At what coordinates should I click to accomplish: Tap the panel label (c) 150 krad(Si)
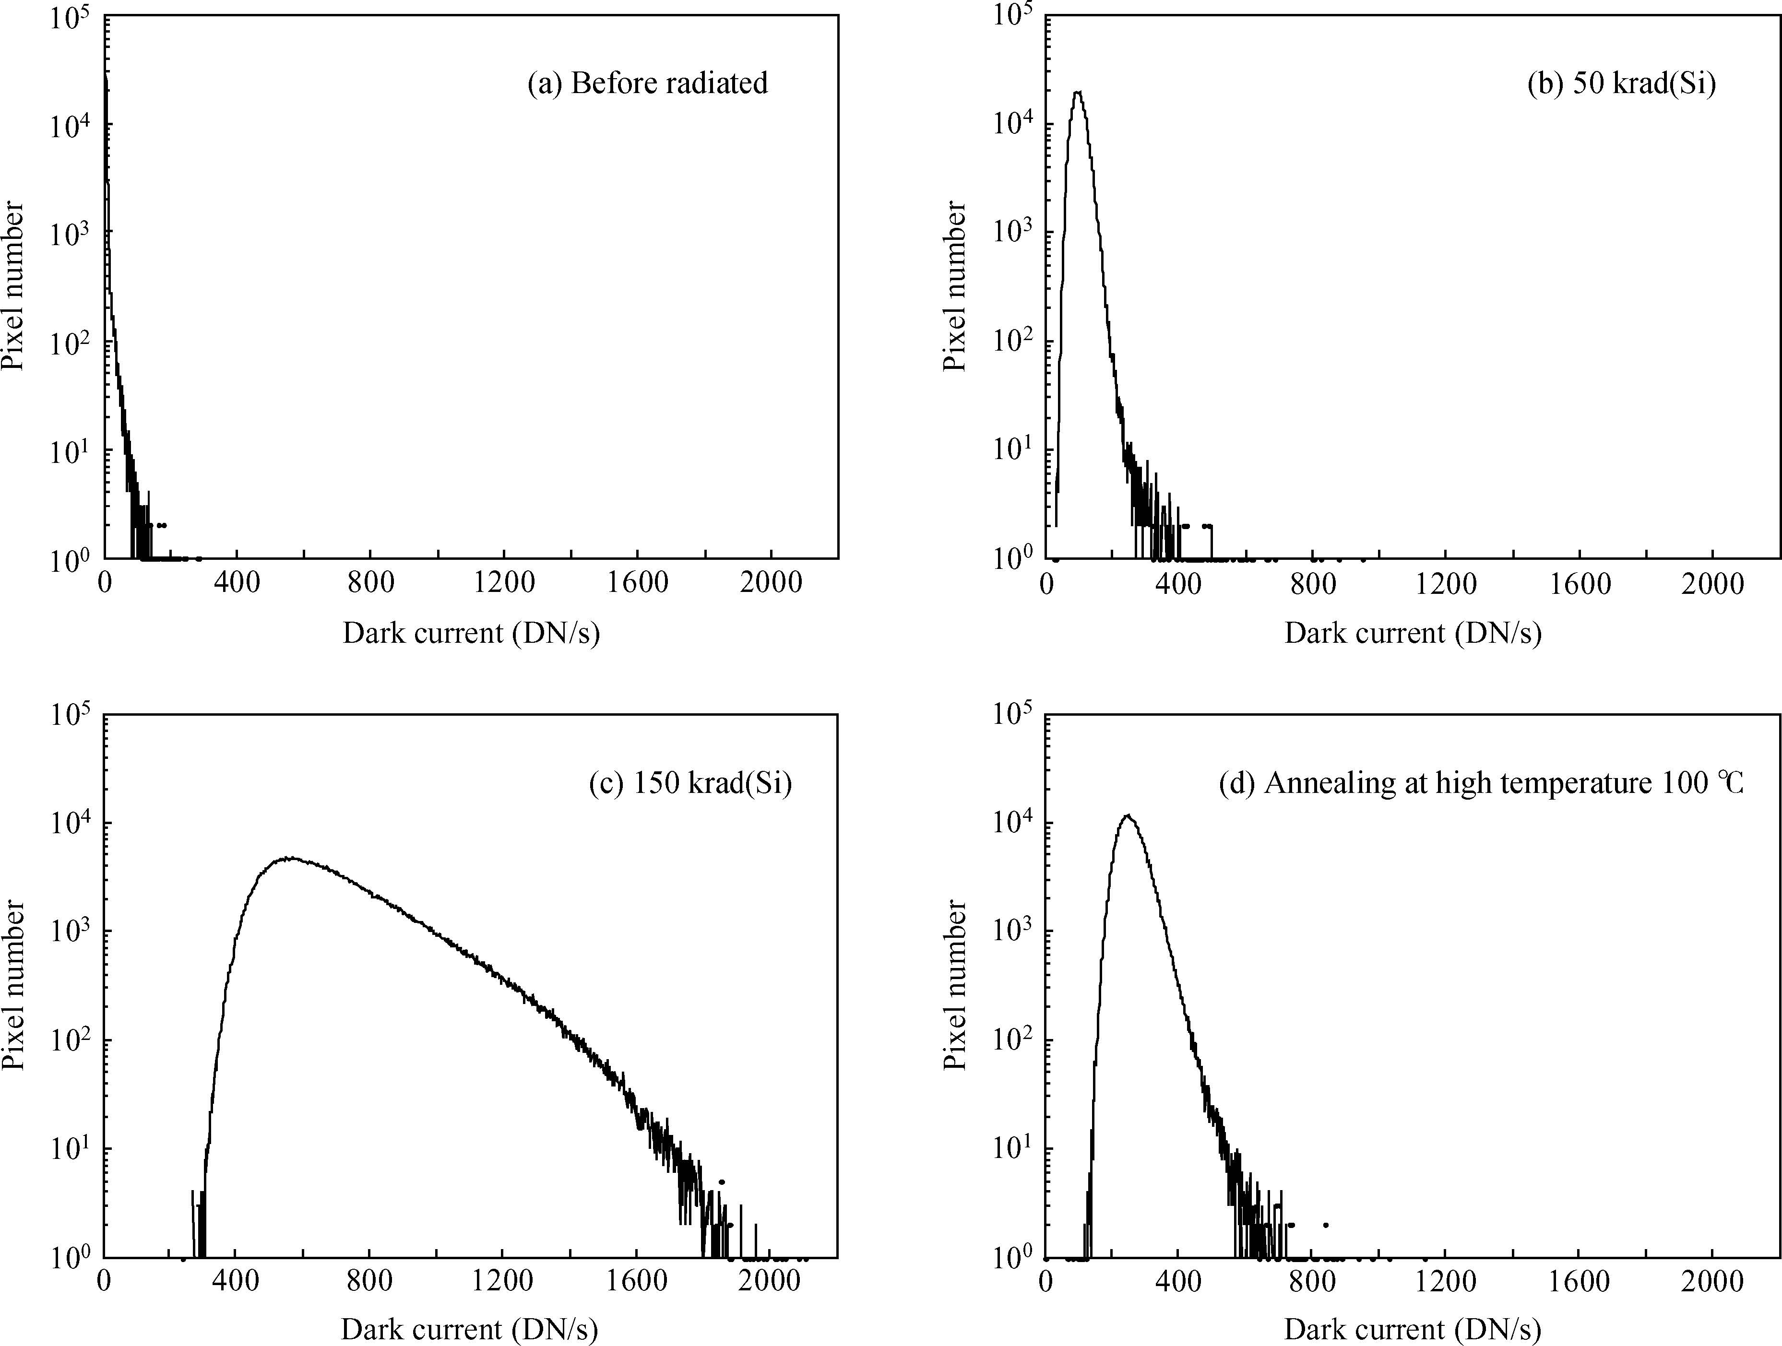pos(690,783)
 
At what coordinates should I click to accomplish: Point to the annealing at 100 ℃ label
pos(1481,783)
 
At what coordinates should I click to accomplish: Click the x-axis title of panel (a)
pos(471,633)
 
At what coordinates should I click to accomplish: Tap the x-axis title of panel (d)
pos(1412,1329)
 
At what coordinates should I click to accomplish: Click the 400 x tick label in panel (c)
pos(237,1282)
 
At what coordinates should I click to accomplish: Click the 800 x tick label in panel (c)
pos(370,1282)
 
